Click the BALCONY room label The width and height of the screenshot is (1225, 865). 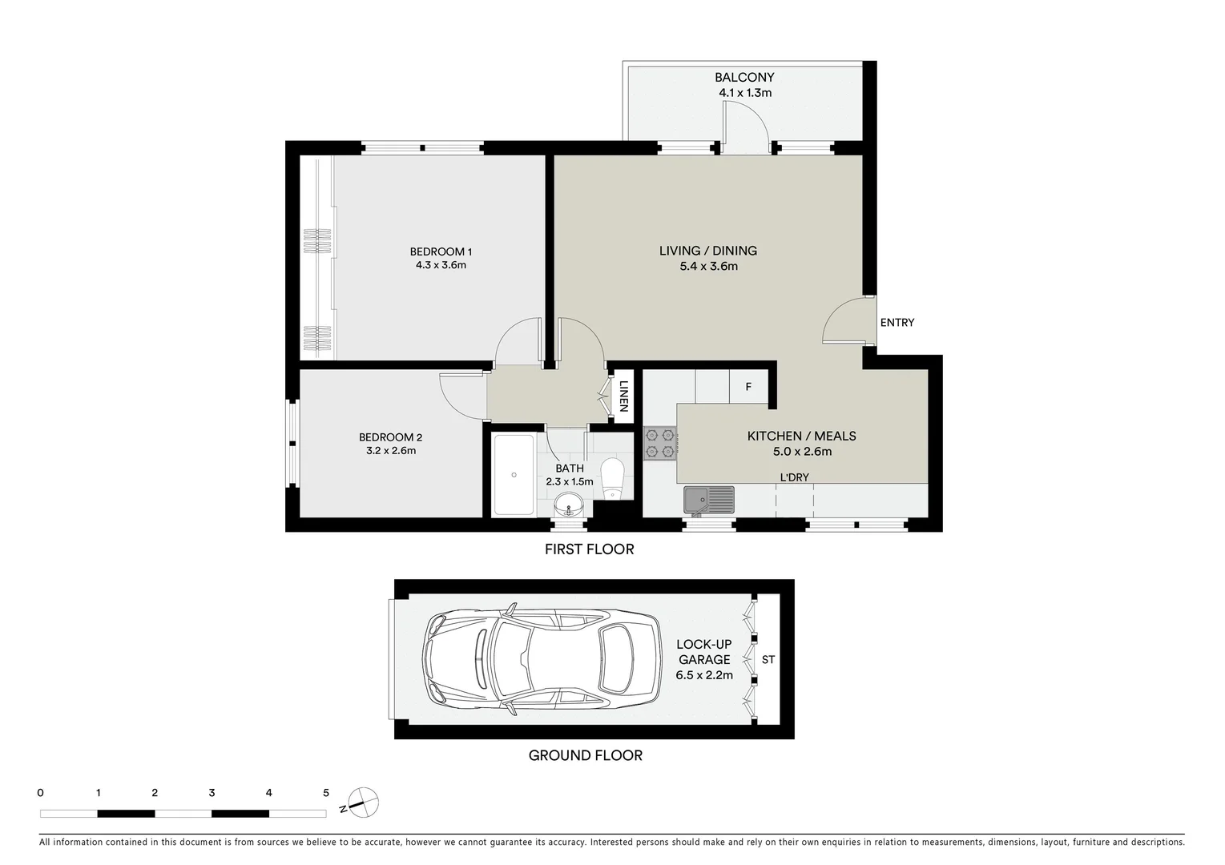(744, 78)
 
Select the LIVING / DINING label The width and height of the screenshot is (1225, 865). (707, 251)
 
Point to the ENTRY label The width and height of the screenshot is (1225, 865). (897, 323)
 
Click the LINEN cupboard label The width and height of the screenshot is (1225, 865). (624, 395)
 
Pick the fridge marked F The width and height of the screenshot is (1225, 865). (748, 388)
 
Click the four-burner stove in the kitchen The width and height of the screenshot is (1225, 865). (660, 445)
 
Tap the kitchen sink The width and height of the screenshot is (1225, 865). (708, 500)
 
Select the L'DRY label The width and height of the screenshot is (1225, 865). (794, 477)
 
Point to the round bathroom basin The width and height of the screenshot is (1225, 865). (569, 505)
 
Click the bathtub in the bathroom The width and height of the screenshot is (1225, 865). (514, 474)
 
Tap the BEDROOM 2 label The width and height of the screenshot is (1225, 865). (390, 437)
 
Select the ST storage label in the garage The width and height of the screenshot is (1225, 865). (768, 660)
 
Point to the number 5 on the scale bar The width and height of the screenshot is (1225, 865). (325, 793)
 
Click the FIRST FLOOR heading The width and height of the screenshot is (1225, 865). (589, 549)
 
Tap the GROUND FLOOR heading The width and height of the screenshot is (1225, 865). (585, 755)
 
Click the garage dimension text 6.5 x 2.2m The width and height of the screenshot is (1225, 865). (704, 675)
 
